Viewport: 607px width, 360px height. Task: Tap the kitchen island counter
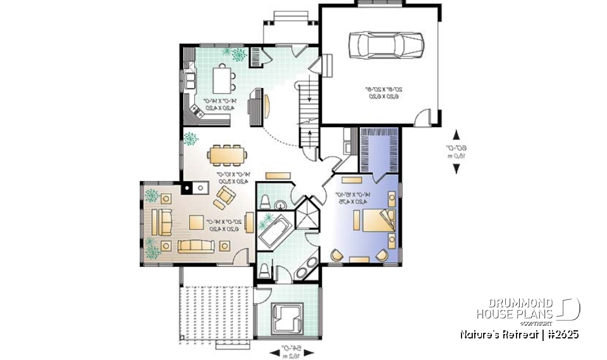coord(222,80)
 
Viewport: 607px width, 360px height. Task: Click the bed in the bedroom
coord(372,220)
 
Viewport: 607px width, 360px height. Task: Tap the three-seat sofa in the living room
coord(197,245)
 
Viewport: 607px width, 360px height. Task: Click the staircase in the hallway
coord(309,108)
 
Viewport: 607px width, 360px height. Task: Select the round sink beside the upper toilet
coord(282,203)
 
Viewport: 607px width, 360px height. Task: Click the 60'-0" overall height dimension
coord(464,152)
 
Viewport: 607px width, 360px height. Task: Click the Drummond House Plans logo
coord(528,309)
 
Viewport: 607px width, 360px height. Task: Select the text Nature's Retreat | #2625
coord(518,334)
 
